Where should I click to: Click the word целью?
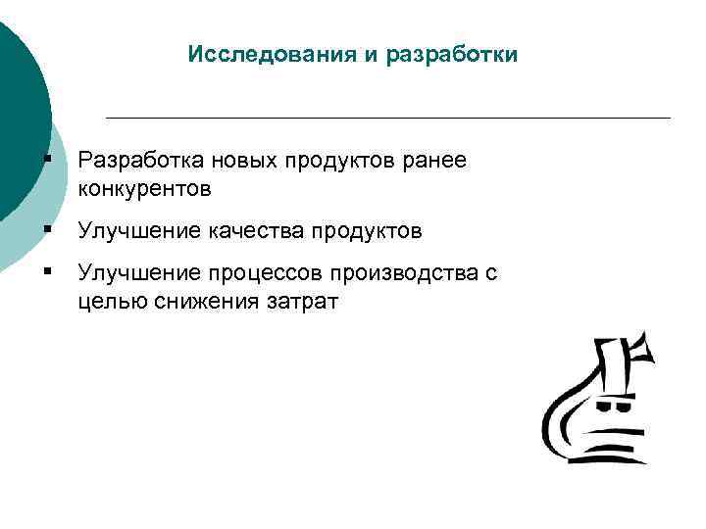pyautogui.click(x=112, y=302)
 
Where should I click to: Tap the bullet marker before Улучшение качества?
pyautogui.click(x=46, y=231)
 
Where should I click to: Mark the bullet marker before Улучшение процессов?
pyautogui.click(x=46, y=274)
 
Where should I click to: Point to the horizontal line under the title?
pyautogui.click(x=387, y=118)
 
